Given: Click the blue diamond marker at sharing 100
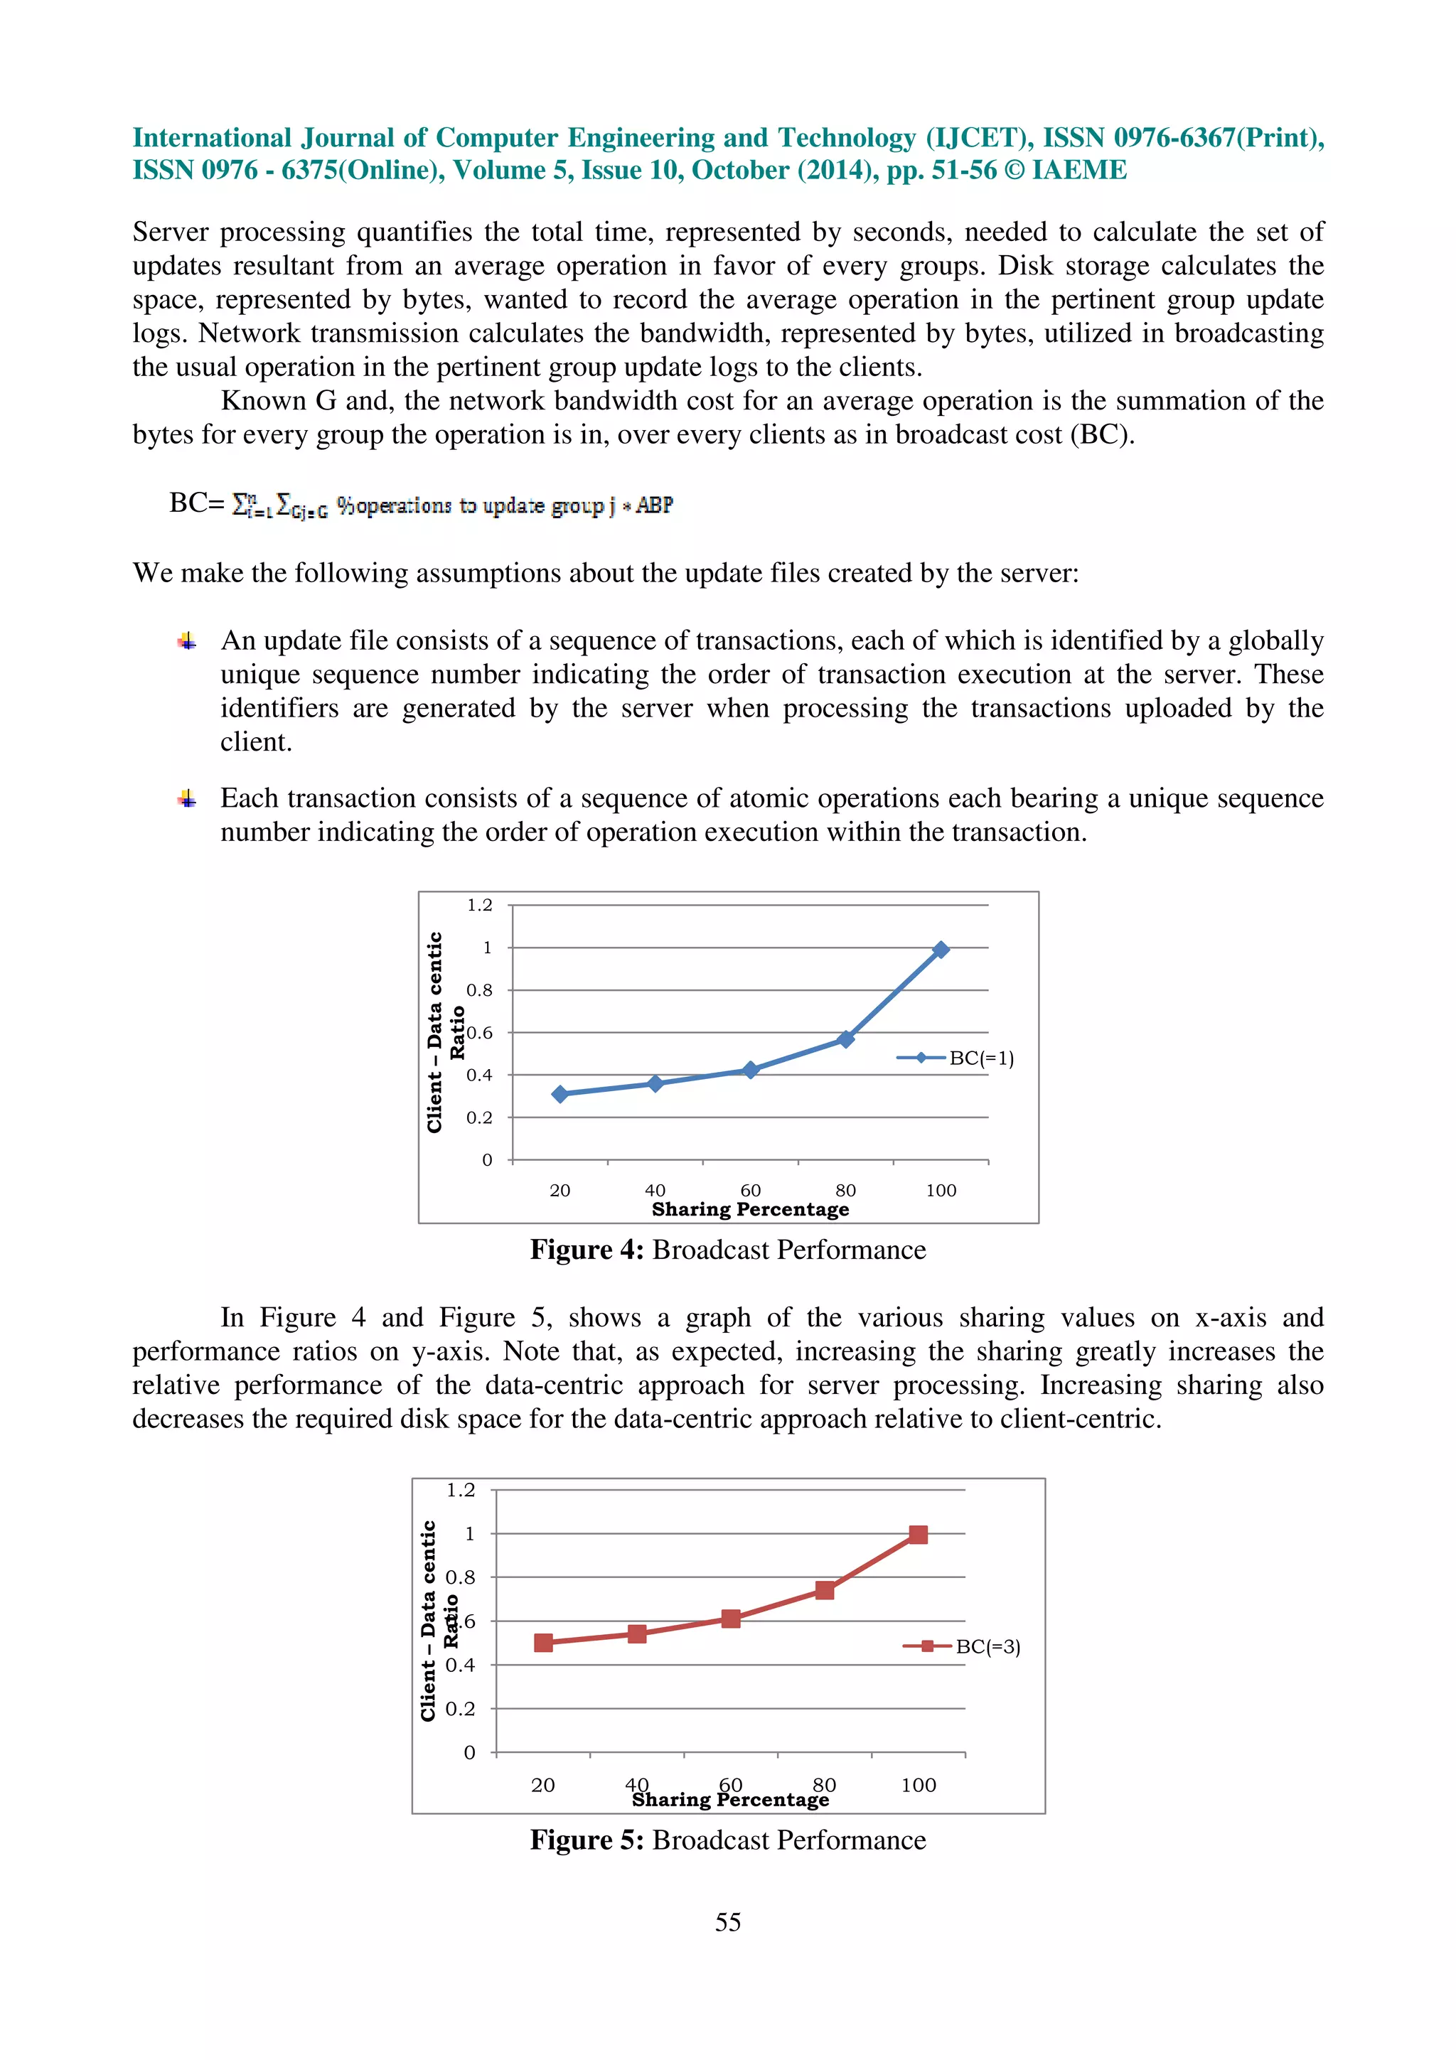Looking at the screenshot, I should click(x=940, y=949).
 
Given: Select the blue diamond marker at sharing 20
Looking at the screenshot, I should click(x=560, y=1094).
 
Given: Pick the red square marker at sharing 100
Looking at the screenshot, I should click(x=918, y=1534).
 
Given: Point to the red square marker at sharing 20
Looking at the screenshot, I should click(x=542, y=1643).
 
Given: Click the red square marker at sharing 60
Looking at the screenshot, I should click(x=730, y=1619).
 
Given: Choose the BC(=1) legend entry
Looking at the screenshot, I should click(x=956, y=1058).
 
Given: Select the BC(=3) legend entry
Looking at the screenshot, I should click(x=963, y=1646).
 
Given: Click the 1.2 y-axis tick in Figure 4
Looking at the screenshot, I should click(x=479, y=906).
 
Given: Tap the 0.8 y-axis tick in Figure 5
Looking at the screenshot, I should click(x=460, y=1577).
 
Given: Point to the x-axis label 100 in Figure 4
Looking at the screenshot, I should click(x=940, y=1191).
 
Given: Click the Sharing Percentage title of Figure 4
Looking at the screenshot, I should click(x=750, y=1209).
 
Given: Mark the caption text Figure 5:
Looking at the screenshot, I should click(x=587, y=1840).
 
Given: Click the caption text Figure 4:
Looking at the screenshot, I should click(x=587, y=1250).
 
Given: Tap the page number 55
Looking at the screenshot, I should click(x=727, y=1922).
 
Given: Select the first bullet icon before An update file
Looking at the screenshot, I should click(x=186, y=640).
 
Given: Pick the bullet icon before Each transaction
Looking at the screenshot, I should click(x=186, y=798).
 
